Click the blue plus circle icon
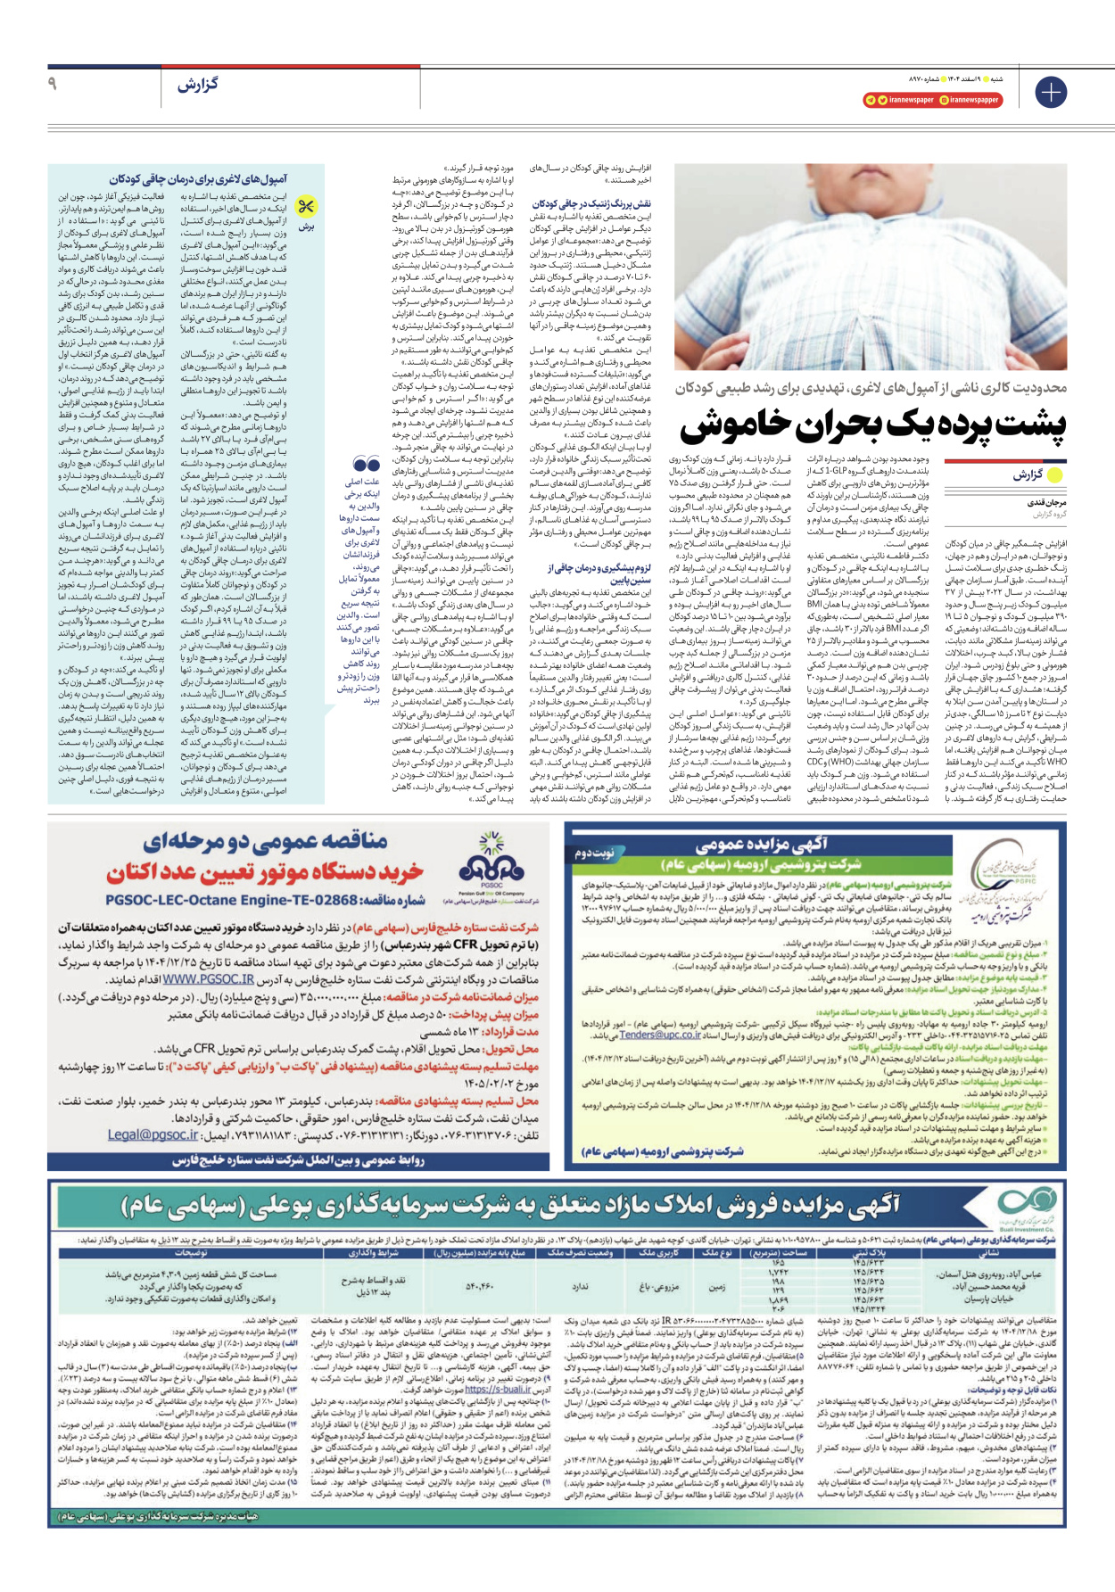point(1051,92)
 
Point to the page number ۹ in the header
point(52,84)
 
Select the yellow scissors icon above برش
point(306,207)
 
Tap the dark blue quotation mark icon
point(366,464)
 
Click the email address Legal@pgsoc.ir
point(153,1134)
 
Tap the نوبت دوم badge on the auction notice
point(596,854)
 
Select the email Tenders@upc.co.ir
point(661,1035)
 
